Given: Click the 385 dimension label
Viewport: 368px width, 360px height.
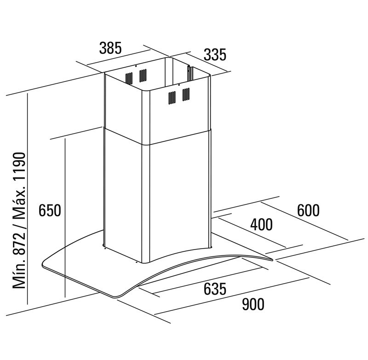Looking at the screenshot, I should click(110, 48).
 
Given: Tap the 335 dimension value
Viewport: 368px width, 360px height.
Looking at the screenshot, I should click(215, 55).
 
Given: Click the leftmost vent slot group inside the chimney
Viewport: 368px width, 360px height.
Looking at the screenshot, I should click(129, 76).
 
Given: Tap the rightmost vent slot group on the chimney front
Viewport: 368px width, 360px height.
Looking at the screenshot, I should click(186, 94).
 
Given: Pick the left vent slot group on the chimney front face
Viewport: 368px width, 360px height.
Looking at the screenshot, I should click(172, 97).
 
